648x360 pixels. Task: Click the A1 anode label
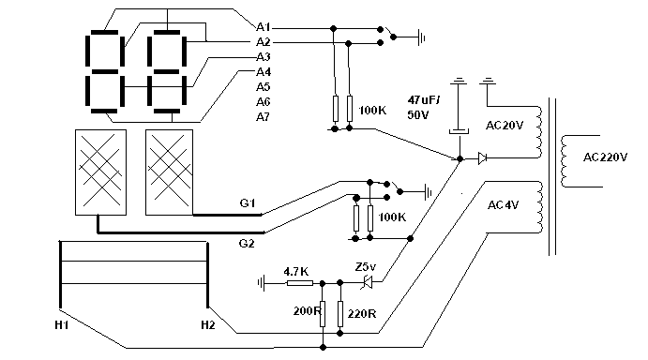click(x=264, y=27)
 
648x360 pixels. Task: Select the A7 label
click(x=263, y=117)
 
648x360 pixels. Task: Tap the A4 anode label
click(x=264, y=72)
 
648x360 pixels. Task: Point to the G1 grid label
click(x=248, y=202)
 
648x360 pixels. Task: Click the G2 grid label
click(x=247, y=244)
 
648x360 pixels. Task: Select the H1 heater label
click(x=62, y=325)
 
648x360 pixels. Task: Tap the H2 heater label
click(x=208, y=325)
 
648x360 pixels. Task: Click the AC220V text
click(x=606, y=157)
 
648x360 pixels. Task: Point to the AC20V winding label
click(x=505, y=126)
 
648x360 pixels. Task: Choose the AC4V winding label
click(x=503, y=205)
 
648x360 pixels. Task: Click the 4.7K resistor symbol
click(x=299, y=283)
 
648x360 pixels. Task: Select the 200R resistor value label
click(x=307, y=311)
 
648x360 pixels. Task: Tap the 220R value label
click(x=362, y=314)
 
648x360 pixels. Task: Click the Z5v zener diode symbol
click(x=367, y=283)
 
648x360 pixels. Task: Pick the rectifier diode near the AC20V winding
click(x=482, y=158)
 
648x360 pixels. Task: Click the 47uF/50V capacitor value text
click(x=424, y=108)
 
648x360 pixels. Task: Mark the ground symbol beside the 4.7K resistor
click(x=261, y=283)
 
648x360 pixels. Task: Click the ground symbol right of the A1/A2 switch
click(x=422, y=37)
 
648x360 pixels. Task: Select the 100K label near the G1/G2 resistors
click(x=392, y=217)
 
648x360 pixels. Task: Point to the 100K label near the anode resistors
click(x=372, y=111)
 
